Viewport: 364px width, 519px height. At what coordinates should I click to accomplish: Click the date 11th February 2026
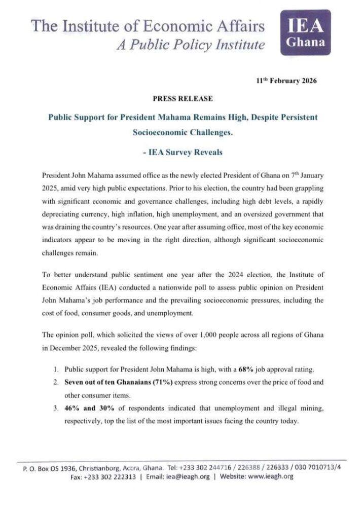[x=286, y=81]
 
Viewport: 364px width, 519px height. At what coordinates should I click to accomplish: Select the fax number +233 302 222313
[x=110, y=477]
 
